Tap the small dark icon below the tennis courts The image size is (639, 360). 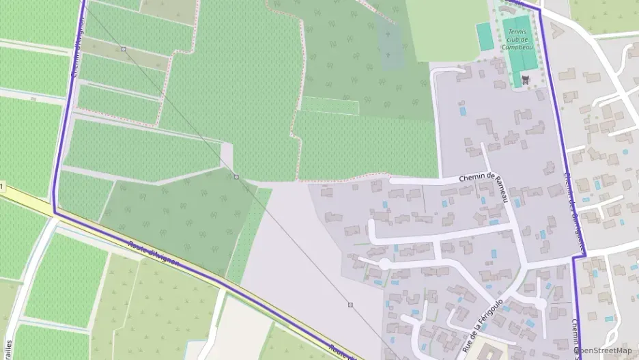[x=525, y=81]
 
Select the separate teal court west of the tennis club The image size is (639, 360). [x=485, y=37]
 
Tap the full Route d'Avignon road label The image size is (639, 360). [x=154, y=253]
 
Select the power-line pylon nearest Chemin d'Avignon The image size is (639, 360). [x=124, y=49]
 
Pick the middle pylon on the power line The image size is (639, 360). [x=236, y=177]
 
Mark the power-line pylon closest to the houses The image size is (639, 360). [x=350, y=305]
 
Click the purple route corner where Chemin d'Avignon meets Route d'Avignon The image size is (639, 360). [x=54, y=213]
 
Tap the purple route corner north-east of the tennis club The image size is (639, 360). [x=539, y=10]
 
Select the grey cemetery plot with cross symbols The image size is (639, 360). [x=392, y=48]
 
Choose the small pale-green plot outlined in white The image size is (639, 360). [x=330, y=105]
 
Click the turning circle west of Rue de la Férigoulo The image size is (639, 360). [x=384, y=264]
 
